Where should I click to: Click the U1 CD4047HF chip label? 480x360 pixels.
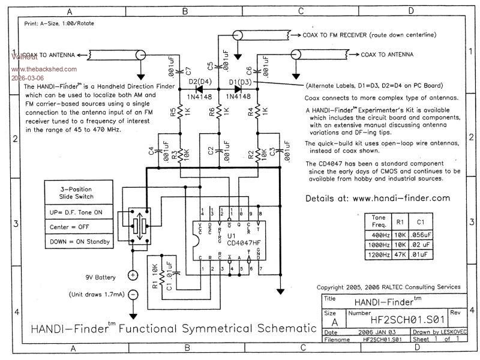tap(238, 238)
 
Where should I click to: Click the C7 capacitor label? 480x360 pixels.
tap(188, 72)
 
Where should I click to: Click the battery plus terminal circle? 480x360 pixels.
tap(133, 275)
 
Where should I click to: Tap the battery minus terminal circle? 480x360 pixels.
tap(133, 295)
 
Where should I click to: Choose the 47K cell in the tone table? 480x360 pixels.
tap(400, 255)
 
